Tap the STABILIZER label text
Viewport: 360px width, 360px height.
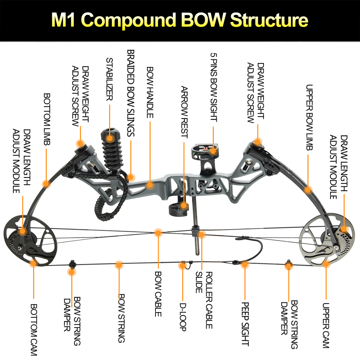(110, 79)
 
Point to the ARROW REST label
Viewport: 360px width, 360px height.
(184, 112)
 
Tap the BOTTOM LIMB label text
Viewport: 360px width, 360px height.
(47, 119)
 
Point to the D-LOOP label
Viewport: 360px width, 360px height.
(183, 317)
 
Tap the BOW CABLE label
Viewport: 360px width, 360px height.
(158, 294)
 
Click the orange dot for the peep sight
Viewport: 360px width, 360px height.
(245, 265)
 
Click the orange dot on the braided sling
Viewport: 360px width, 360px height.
(131, 177)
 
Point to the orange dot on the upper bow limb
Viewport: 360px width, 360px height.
(308, 189)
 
